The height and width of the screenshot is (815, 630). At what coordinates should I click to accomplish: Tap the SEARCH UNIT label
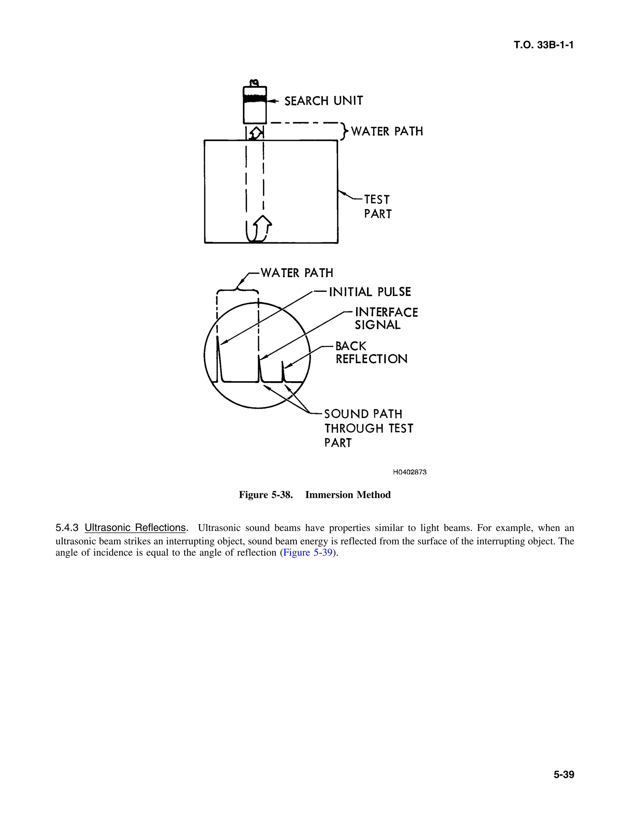[323, 101]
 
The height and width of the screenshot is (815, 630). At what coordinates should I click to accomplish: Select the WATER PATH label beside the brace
[387, 131]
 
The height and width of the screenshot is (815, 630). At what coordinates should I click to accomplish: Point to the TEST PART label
[377, 207]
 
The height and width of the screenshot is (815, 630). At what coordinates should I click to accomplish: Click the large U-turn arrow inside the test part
[259, 230]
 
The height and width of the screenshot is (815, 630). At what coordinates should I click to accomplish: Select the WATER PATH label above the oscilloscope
[297, 273]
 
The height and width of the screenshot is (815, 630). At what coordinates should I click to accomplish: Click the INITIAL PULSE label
[369, 292]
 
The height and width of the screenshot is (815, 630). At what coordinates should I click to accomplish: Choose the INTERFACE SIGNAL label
[386, 318]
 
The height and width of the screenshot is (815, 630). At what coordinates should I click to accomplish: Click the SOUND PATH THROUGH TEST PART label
[368, 428]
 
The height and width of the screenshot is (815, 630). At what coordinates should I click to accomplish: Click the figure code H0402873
[409, 472]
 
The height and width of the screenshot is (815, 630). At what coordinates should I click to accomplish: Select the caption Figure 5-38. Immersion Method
[315, 495]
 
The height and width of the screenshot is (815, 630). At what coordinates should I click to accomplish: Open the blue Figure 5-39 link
[308, 552]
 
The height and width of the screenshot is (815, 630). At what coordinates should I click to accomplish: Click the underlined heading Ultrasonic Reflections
[135, 528]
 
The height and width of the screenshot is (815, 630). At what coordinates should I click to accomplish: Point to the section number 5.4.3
[67, 528]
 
